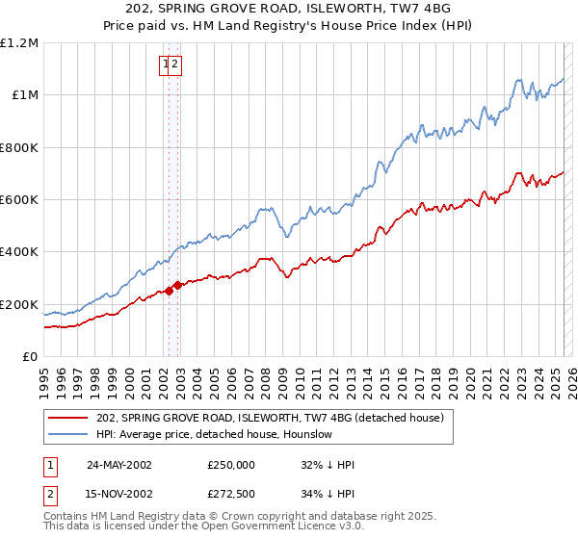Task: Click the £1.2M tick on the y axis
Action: [19, 43]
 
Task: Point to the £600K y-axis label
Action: [19, 200]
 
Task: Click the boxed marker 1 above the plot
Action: [167, 64]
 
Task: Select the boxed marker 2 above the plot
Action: [177, 64]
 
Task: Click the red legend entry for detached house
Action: [270, 418]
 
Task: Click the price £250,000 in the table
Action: [231, 465]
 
